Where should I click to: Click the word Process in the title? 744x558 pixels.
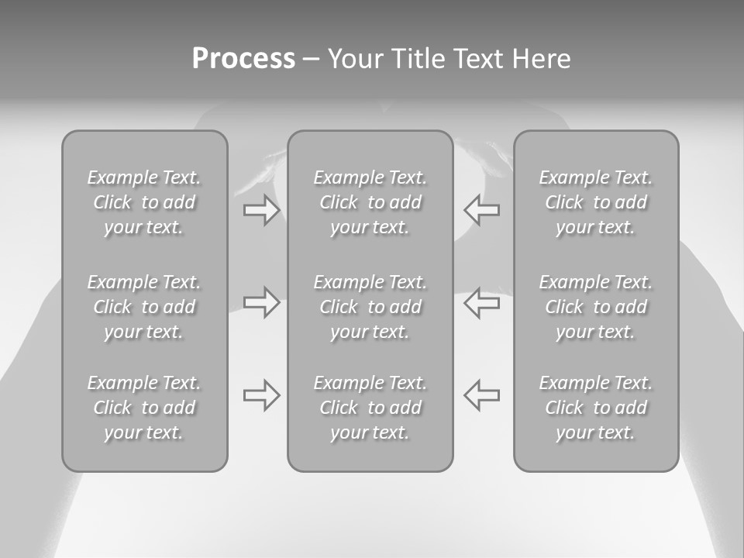point(243,59)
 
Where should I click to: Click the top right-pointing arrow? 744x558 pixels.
point(261,210)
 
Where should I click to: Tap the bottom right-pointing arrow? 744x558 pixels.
point(261,395)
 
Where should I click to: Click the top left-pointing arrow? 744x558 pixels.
point(481,210)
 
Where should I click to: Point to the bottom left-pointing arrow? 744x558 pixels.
point(481,395)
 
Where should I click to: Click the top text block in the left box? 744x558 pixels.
point(144,202)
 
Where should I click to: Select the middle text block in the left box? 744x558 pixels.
point(144,307)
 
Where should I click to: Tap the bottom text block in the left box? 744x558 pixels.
point(144,408)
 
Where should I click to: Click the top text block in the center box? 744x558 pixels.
point(370,202)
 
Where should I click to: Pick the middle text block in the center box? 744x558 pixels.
point(370,307)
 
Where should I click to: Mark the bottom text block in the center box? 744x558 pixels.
point(370,408)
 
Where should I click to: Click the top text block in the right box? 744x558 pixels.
point(596,202)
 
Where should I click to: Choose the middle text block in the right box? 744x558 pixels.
point(596,307)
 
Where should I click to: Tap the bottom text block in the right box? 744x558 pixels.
point(596,408)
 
